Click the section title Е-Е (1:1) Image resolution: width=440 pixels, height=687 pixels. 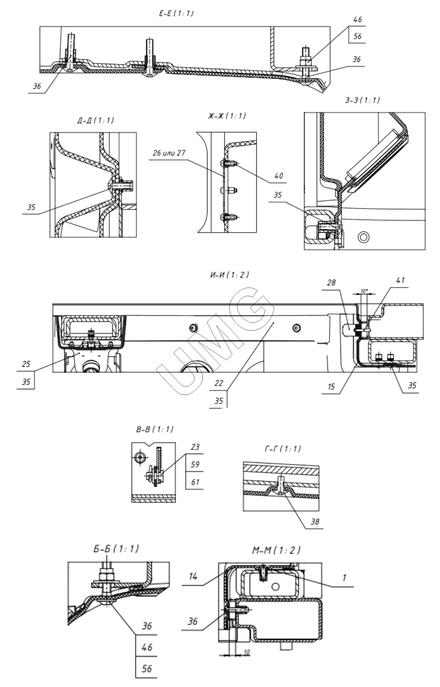click(x=176, y=14)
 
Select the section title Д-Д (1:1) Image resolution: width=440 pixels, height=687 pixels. click(x=95, y=121)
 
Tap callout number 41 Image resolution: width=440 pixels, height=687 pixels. click(x=400, y=280)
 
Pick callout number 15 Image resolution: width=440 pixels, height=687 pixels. click(x=331, y=386)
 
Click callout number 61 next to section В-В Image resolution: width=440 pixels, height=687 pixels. click(x=195, y=482)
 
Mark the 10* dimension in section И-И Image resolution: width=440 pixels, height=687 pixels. click(x=366, y=291)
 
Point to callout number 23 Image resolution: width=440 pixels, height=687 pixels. click(x=195, y=447)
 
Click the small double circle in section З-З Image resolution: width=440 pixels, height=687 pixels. click(x=363, y=237)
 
